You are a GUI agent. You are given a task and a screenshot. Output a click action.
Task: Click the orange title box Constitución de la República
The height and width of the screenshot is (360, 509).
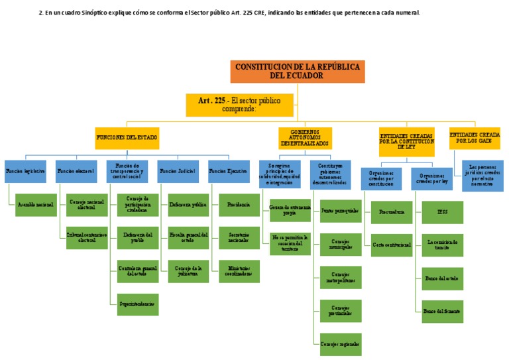point(297,72)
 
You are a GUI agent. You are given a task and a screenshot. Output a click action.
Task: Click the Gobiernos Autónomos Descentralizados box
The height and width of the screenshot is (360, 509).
point(305,137)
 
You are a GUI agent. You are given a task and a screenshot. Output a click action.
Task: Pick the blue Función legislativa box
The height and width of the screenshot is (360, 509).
point(27,171)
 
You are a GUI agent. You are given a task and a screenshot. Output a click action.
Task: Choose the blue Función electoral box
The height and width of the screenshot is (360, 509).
point(77,171)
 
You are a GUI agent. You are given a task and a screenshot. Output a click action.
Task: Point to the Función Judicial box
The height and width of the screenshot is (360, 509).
point(178,171)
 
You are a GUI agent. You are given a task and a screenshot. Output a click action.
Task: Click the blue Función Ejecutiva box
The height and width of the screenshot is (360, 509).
point(229,171)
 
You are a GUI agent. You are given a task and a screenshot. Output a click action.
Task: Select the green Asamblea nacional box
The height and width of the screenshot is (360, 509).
point(36,205)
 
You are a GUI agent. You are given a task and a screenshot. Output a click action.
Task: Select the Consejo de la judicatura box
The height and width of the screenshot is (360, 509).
point(188,269)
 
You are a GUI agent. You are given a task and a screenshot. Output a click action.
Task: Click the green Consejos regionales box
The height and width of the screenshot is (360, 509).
point(340,344)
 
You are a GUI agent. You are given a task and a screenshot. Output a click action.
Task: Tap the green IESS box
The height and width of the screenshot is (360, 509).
point(443,212)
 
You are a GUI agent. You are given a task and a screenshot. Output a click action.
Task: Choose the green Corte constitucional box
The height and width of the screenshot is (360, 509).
point(391,245)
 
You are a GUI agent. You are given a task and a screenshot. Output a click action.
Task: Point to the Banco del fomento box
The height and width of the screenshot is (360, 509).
point(443,310)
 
